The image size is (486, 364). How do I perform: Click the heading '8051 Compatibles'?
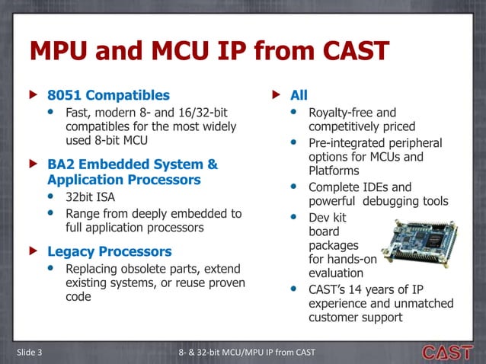(x=108, y=96)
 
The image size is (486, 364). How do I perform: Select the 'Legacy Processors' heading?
(x=109, y=251)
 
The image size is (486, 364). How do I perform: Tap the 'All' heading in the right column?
(x=299, y=96)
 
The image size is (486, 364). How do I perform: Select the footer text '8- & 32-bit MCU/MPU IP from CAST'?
(x=246, y=351)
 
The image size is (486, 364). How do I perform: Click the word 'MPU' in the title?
(x=64, y=53)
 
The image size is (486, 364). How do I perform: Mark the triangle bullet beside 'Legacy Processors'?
(x=32, y=251)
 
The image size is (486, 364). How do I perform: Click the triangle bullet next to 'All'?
(x=277, y=96)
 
